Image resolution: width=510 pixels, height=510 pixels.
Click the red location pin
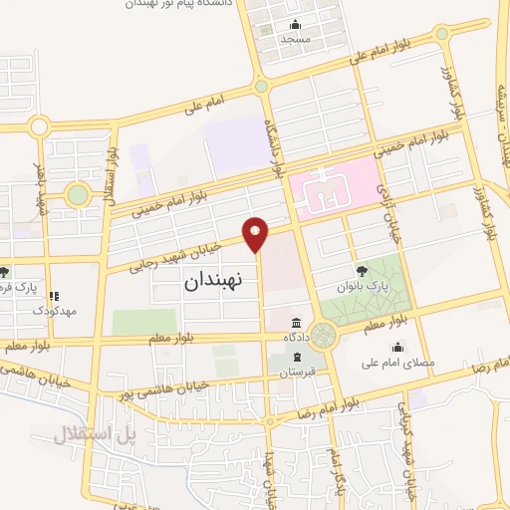[257, 233]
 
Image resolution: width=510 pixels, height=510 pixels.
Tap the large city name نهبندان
[220, 282]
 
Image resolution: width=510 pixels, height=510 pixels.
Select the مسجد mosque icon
[294, 25]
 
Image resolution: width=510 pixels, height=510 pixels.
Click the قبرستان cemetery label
[296, 373]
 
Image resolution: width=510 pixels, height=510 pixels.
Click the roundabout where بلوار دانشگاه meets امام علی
[261, 87]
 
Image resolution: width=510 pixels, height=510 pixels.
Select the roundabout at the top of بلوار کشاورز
[441, 33]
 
